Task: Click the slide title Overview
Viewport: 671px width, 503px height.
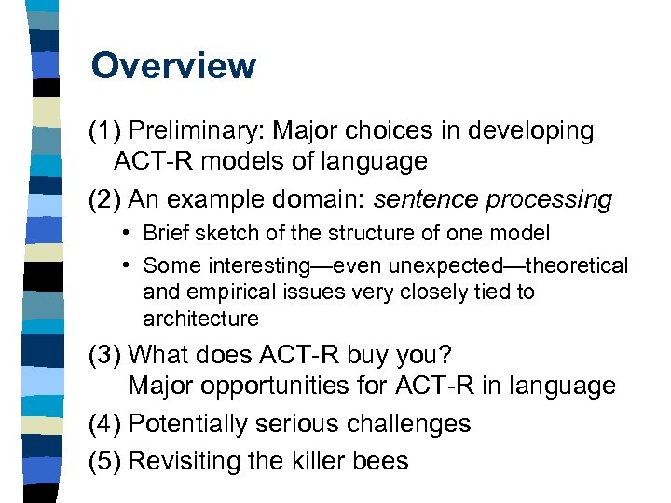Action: click(173, 66)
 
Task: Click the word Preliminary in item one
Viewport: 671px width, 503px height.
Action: click(191, 131)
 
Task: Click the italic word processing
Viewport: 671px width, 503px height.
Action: click(554, 199)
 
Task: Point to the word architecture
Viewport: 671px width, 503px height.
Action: click(200, 319)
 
